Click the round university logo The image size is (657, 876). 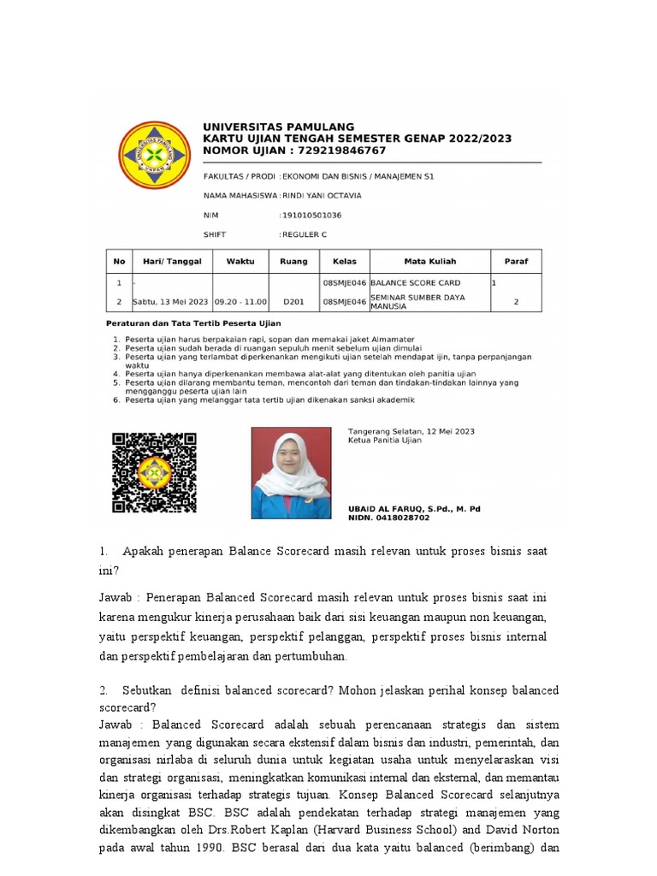click(x=154, y=155)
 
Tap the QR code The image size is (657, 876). click(x=154, y=472)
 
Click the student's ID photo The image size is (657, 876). click(x=291, y=472)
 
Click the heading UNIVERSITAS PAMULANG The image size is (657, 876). click(x=278, y=127)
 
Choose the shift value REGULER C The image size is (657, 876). click(x=305, y=234)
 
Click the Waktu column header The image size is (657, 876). click(x=240, y=262)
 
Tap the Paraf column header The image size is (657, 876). click(x=516, y=262)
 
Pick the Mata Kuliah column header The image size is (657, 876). click(x=429, y=262)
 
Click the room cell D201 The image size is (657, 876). click(x=293, y=302)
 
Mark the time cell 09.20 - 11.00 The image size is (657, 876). click(x=240, y=302)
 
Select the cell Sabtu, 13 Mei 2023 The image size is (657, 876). click(x=170, y=302)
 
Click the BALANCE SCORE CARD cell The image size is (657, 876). click(x=416, y=282)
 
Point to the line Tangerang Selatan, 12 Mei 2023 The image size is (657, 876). click(x=411, y=431)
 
